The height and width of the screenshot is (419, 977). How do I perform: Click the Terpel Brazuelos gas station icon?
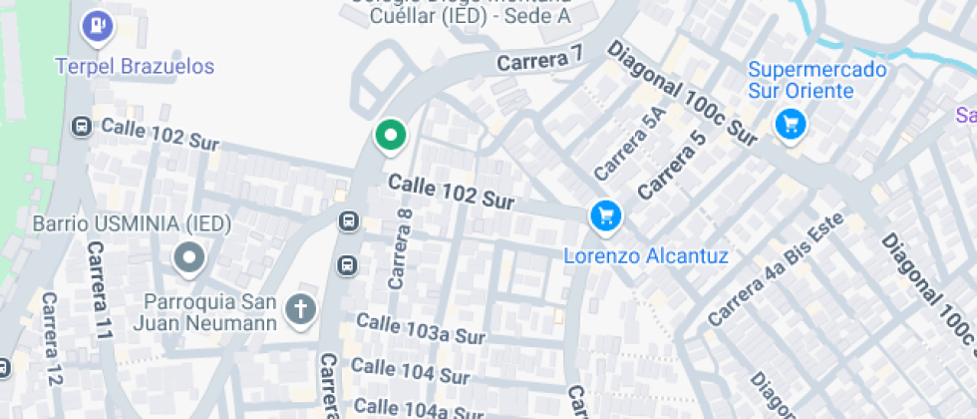coord(97,25)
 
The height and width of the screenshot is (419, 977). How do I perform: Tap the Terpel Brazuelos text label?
coord(135,67)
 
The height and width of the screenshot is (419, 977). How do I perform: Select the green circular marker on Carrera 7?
coord(390,136)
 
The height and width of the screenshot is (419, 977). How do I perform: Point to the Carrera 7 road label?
coord(538,61)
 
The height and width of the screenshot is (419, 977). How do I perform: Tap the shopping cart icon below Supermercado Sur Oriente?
coord(791,125)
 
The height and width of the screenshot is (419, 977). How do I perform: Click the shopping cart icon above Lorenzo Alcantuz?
coord(605,214)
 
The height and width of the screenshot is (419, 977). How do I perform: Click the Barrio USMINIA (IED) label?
coord(133,222)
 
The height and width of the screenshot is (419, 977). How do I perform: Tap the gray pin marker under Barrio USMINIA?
coord(188,259)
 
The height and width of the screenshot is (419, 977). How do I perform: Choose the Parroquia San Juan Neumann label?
coord(210,312)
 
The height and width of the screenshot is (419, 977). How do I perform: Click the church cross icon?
coord(300,310)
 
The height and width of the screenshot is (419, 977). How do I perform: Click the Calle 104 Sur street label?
coord(410,371)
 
